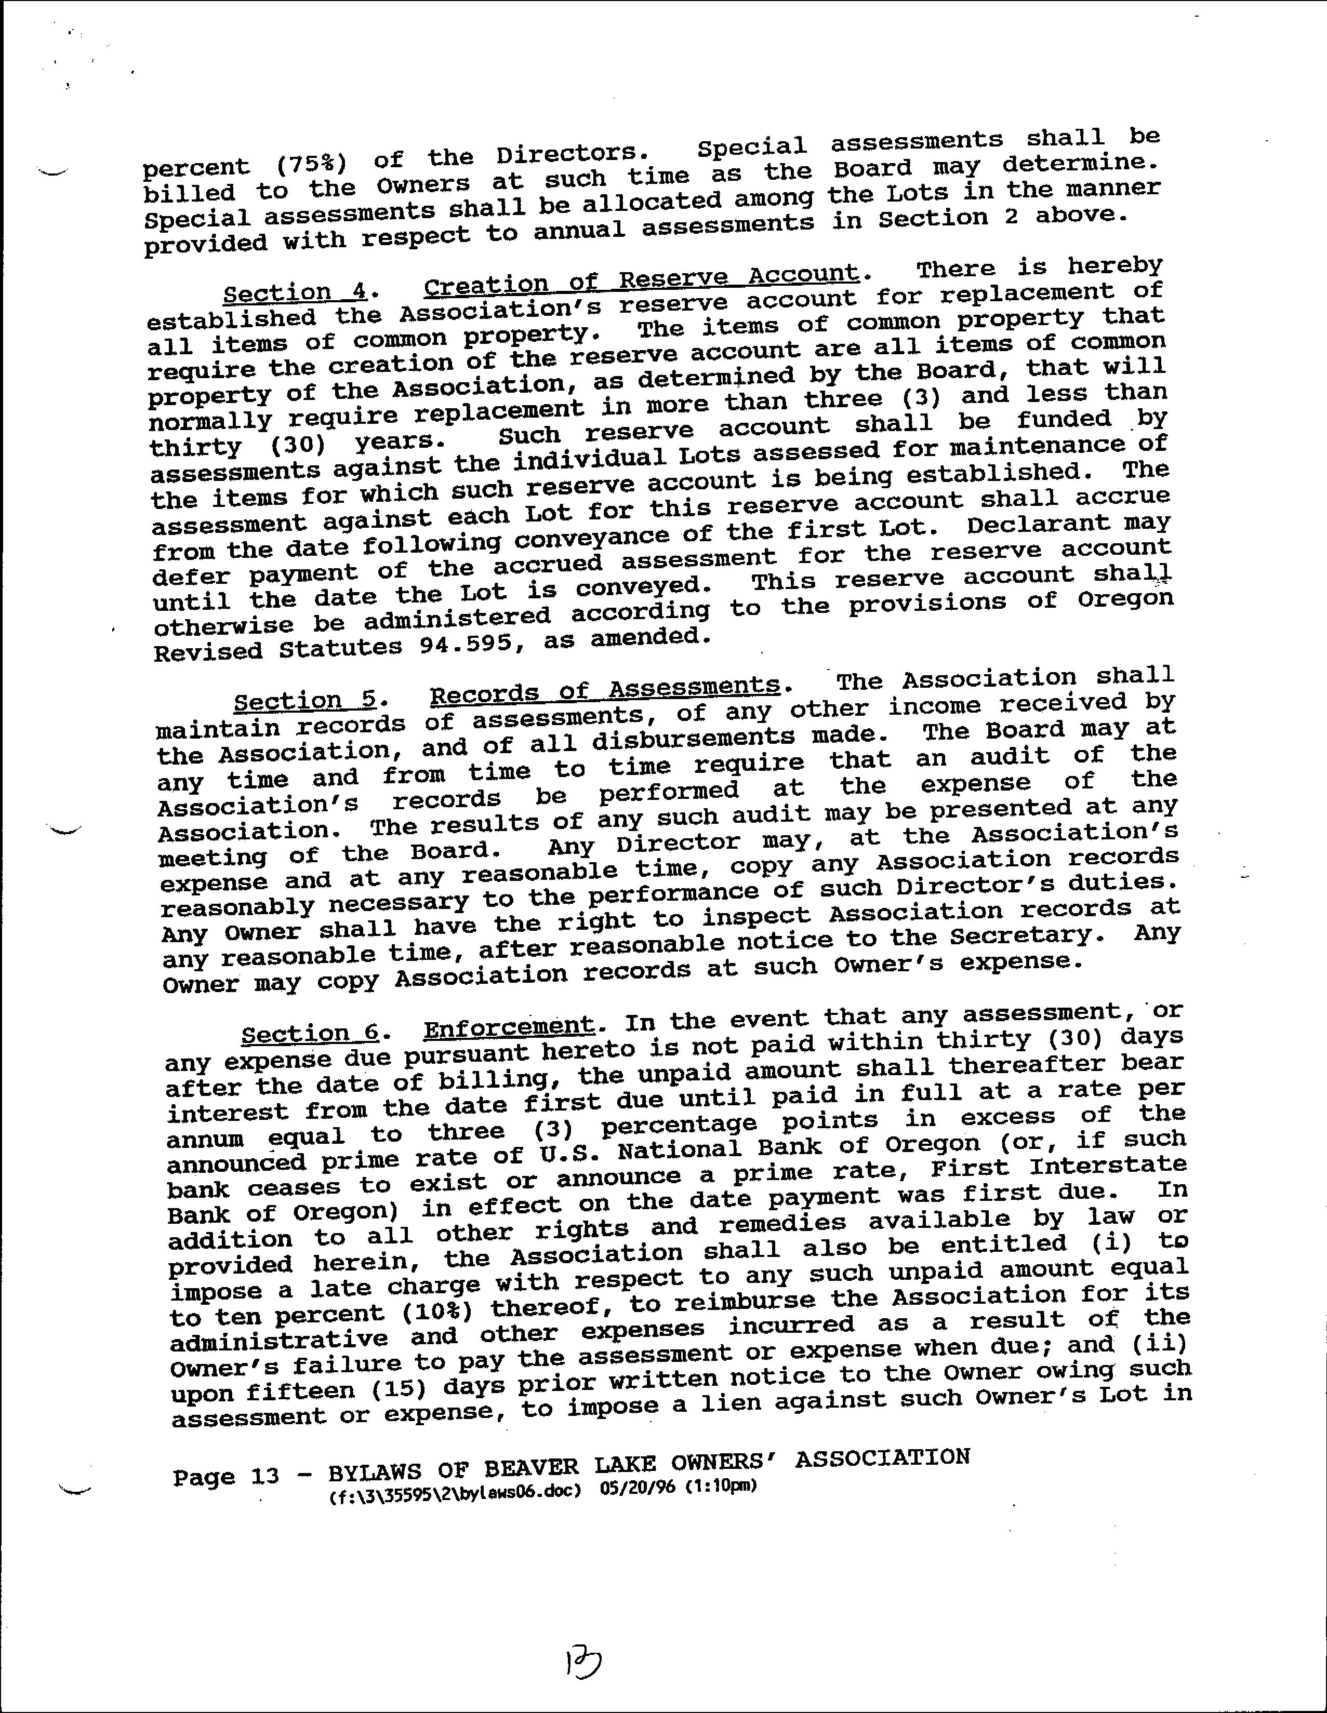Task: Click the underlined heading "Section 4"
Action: pos(294,292)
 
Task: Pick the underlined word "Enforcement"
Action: pos(509,1026)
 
